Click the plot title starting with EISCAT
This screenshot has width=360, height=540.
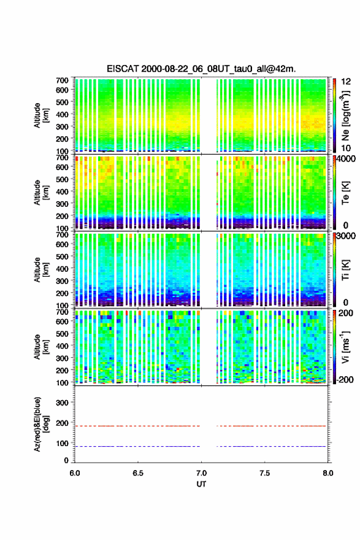201,69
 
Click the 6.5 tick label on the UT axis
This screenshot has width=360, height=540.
137,473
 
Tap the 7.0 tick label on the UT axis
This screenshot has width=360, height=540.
201,473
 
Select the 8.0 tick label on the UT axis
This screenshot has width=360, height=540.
328,473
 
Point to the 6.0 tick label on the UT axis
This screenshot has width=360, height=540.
75,473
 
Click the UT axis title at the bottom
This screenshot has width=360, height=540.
201,484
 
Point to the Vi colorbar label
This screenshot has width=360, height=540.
345,347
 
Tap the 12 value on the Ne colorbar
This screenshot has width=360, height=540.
345,82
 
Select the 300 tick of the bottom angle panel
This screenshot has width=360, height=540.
62,403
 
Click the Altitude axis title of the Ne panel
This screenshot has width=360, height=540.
41,115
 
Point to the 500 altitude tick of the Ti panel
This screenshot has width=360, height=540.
62,256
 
